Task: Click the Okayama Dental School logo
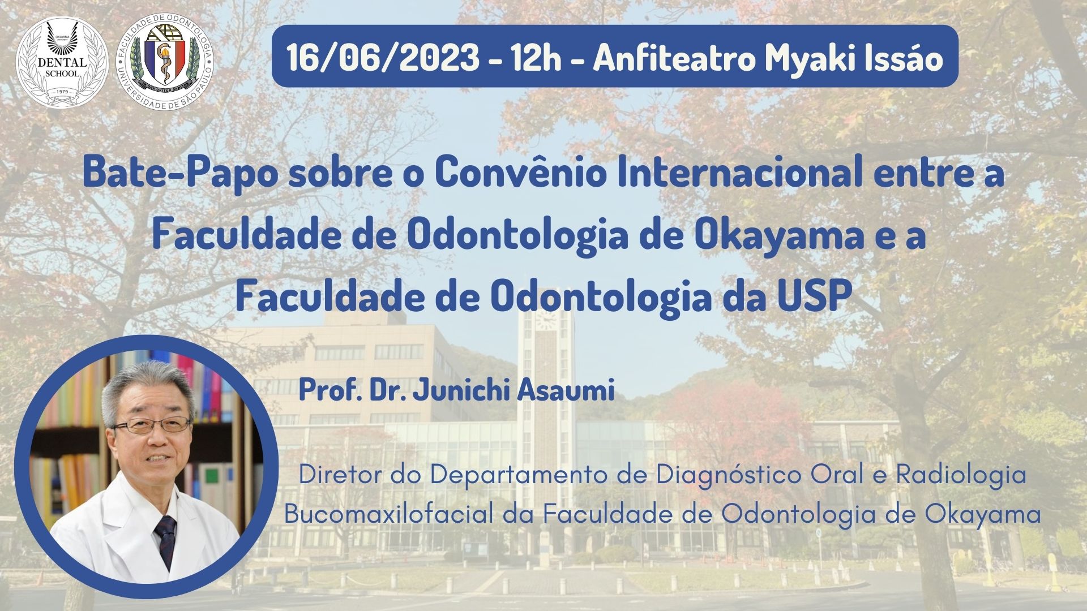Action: [62, 62]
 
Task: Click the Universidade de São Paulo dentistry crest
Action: [165, 63]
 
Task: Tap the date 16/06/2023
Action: [383, 57]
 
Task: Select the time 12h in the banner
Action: [534, 57]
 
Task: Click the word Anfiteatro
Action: [673, 57]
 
